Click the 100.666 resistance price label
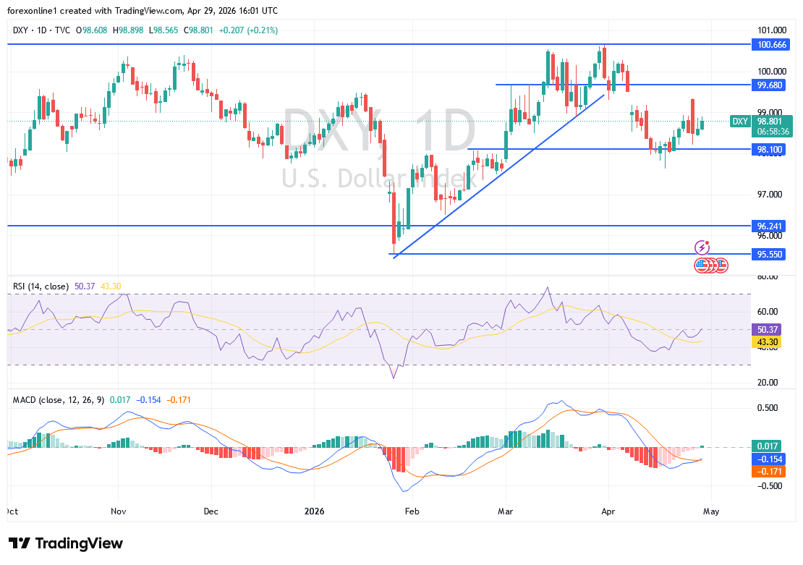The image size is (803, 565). [x=771, y=45]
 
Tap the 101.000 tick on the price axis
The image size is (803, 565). [x=771, y=30]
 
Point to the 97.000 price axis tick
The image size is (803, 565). [x=771, y=195]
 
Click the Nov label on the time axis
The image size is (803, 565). [x=119, y=511]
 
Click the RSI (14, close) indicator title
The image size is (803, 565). [x=41, y=286]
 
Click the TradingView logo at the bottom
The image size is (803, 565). [x=66, y=543]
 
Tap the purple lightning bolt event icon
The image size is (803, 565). [x=701, y=247]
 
